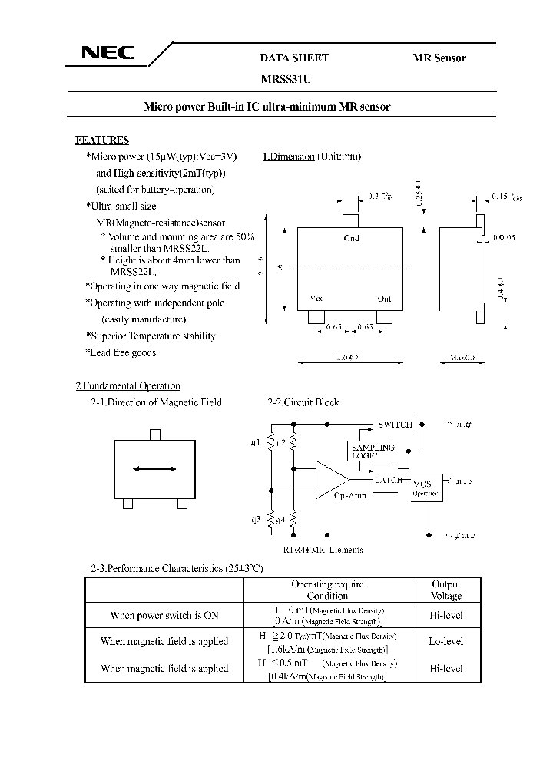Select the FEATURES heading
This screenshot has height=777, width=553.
click(101, 140)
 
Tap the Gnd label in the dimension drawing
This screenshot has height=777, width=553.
click(352, 239)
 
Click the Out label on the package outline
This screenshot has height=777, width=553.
click(384, 299)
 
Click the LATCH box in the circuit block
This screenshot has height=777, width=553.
click(387, 479)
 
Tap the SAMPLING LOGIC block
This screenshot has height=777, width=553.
click(372, 451)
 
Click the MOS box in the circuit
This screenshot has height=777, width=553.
click(422, 488)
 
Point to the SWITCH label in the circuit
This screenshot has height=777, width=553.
click(395, 424)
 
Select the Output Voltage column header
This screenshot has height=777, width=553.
click(446, 590)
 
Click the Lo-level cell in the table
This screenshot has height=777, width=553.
click(446, 641)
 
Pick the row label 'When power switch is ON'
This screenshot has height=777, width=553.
click(164, 615)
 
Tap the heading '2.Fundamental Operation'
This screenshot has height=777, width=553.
click(127, 385)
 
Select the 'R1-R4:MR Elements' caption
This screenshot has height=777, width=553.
click(323, 549)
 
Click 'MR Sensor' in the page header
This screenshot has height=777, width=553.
click(439, 58)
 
